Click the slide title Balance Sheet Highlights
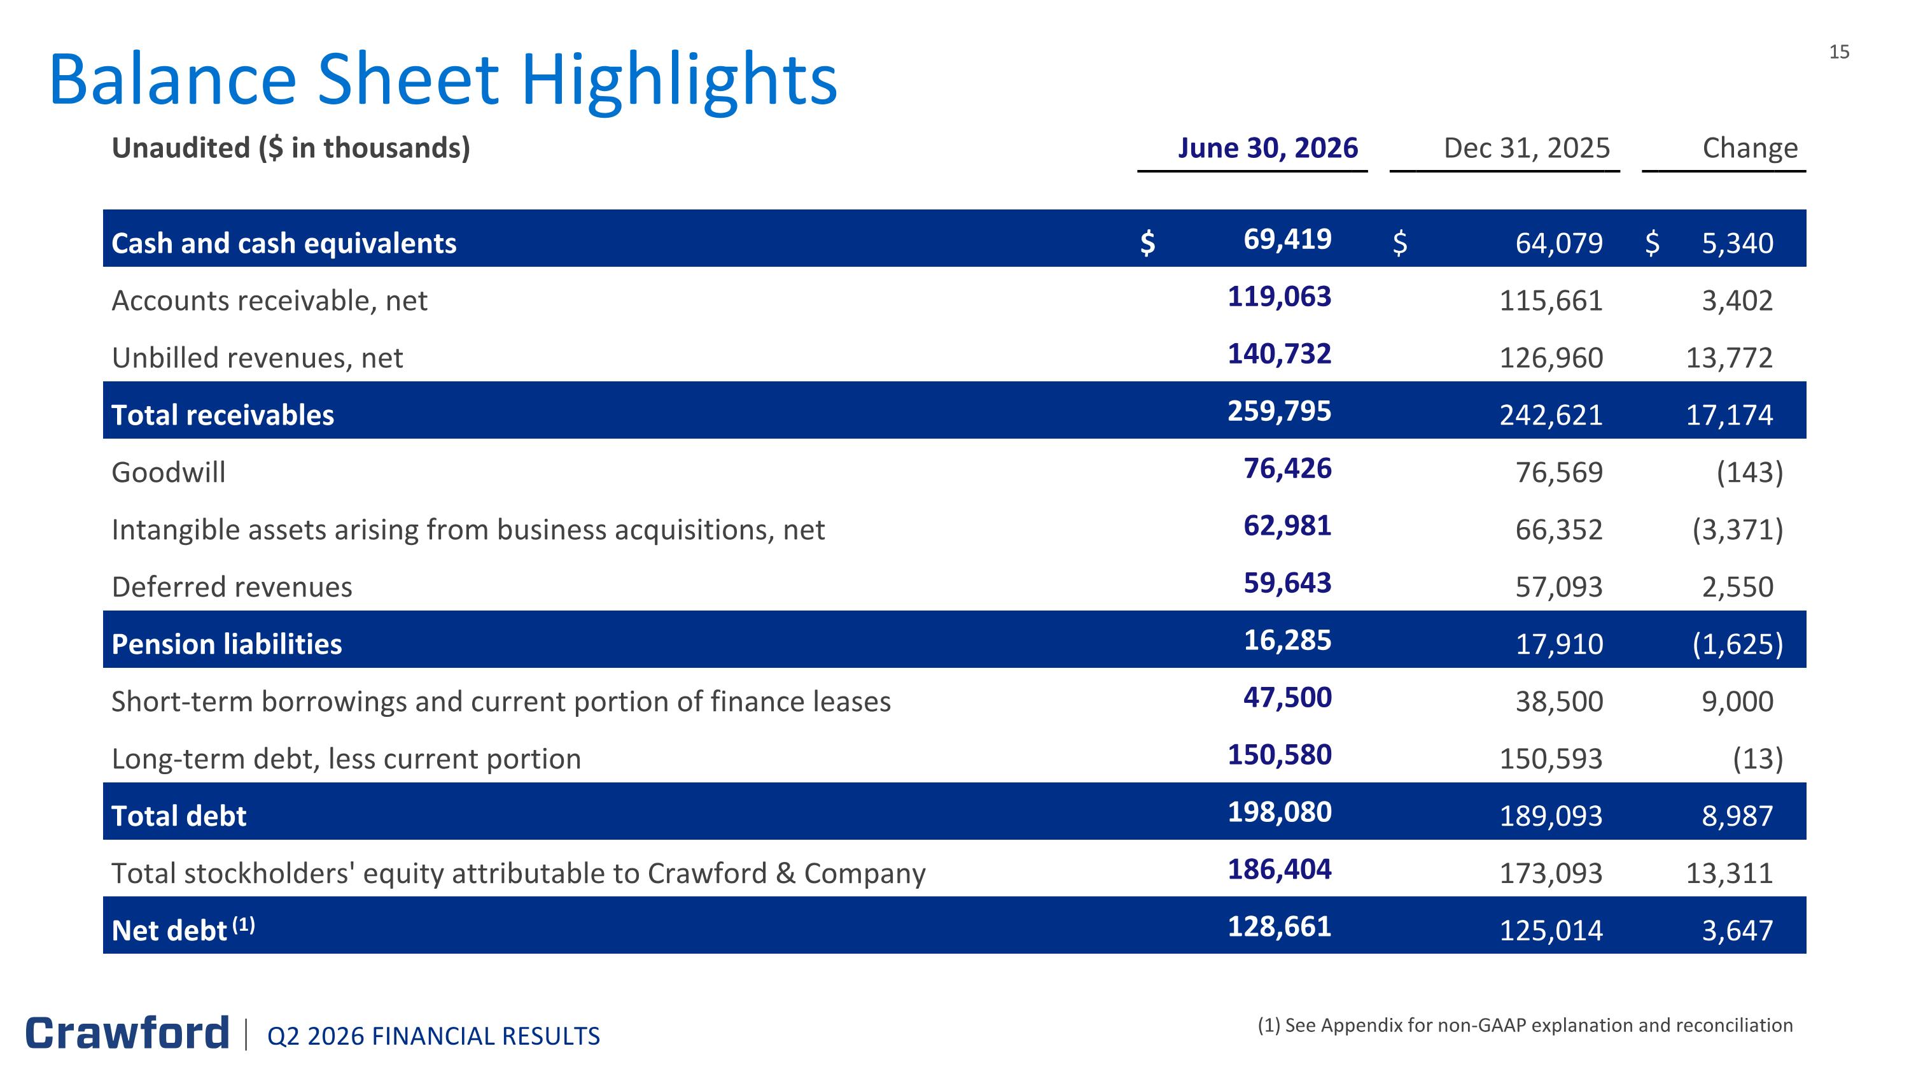point(443,80)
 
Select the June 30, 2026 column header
point(1268,148)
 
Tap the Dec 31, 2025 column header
point(1527,148)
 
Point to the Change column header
point(1751,149)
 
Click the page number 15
point(1840,52)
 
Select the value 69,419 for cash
point(1287,239)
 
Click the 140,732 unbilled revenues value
point(1280,353)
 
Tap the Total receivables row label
point(222,415)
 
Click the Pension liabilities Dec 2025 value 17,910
point(1559,644)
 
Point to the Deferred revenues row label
point(232,587)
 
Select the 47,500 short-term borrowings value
point(1287,698)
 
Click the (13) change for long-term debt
point(1758,759)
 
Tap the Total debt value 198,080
point(1280,812)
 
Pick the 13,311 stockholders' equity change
point(1730,873)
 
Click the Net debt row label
point(183,929)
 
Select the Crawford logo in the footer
point(127,1033)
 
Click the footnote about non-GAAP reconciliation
point(1525,1026)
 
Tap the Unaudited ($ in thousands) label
point(291,148)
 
